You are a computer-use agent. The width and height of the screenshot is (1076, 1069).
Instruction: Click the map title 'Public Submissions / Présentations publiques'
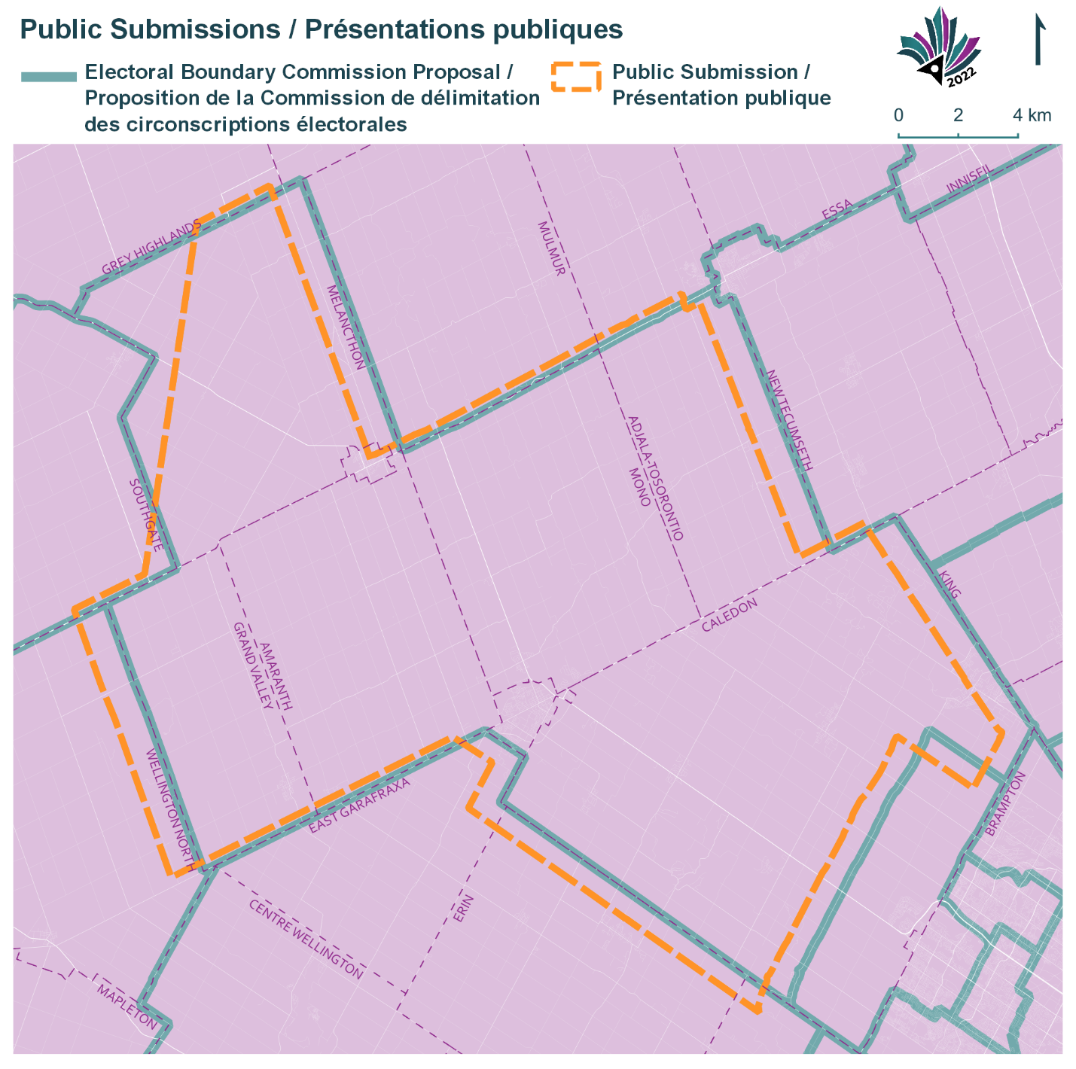[322, 29]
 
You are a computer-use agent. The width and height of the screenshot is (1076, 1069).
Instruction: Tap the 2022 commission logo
[939, 47]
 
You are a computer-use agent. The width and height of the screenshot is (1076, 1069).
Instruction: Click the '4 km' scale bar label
[1032, 115]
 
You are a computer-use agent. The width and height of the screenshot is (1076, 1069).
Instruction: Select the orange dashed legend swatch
[575, 77]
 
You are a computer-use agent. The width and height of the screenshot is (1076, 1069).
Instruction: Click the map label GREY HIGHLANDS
[151, 248]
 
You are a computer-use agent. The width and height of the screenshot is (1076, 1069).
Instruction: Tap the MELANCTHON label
[346, 327]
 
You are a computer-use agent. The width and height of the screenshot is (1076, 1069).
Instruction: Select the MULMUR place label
[551, 248]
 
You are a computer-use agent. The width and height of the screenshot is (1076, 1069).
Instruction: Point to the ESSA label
[837, 210]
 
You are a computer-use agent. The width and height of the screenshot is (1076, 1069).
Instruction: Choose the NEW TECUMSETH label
[789, 419]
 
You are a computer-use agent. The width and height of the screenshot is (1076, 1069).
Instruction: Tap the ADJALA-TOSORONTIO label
[655, 477]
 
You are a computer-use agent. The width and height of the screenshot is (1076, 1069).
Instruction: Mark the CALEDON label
[729, 616]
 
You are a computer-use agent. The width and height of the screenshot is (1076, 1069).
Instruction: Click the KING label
[950, 584]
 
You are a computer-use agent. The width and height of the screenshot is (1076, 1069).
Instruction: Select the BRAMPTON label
[1005, 803]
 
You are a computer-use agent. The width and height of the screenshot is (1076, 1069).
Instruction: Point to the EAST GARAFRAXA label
[360, 806]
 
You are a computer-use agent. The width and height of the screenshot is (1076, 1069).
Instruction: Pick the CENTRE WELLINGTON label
[306, 939]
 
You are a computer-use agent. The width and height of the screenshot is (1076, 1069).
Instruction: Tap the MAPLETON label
[127, 1007]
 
